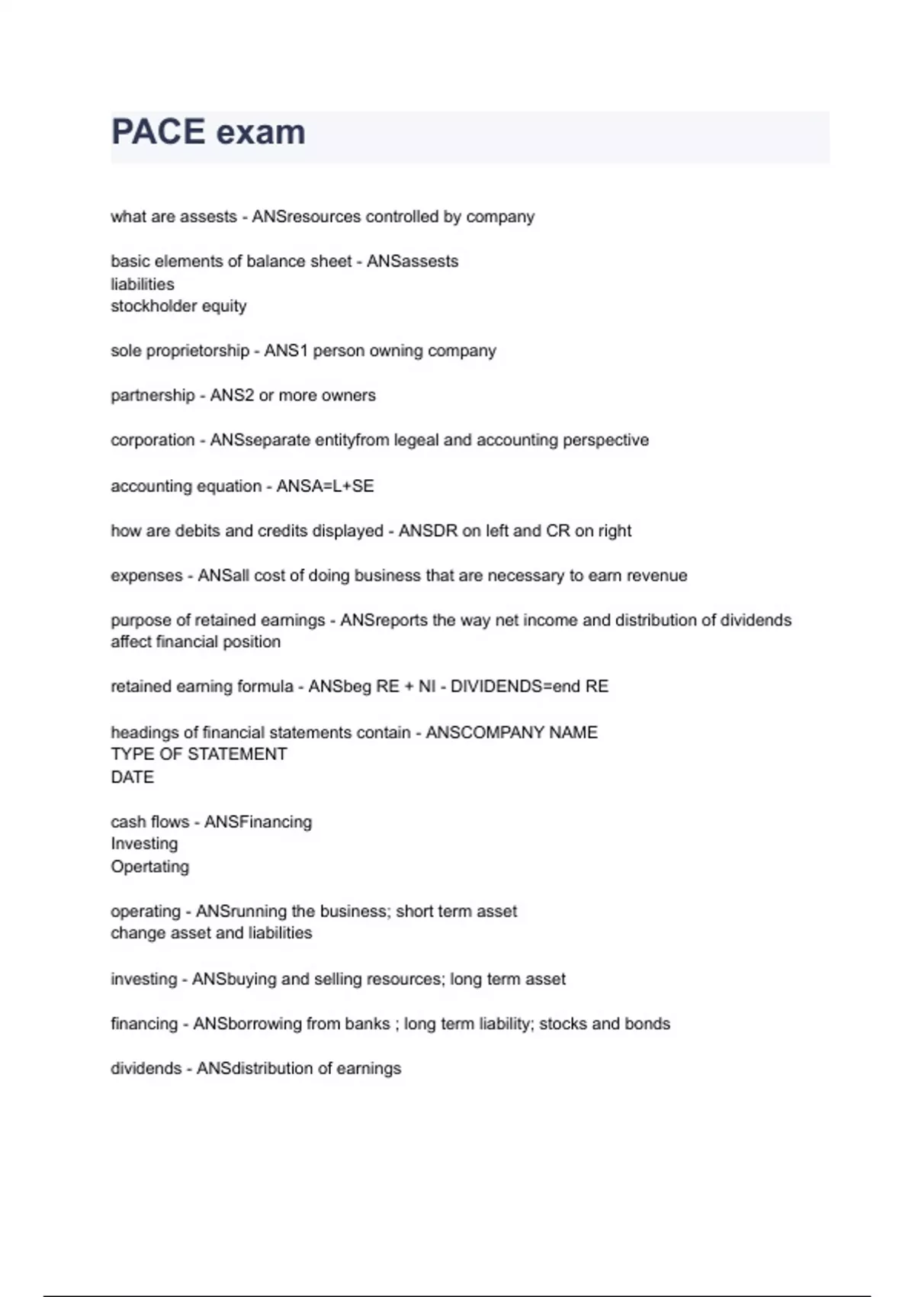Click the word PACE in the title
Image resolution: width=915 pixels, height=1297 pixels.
(x=158, y=132)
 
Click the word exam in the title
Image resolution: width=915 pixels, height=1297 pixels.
(x=261, y=133)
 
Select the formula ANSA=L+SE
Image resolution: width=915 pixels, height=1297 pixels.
(x=325, y=486)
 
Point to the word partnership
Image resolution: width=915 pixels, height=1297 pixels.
(x=152, y=395)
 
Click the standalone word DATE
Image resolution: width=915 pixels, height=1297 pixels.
(x=132, y=777)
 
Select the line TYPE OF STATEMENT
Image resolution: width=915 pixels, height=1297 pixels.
(x=198, y=755)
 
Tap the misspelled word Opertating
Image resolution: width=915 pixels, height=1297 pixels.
(x=149, y=867)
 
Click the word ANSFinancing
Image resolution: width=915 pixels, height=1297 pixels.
(x=258, y=822)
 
